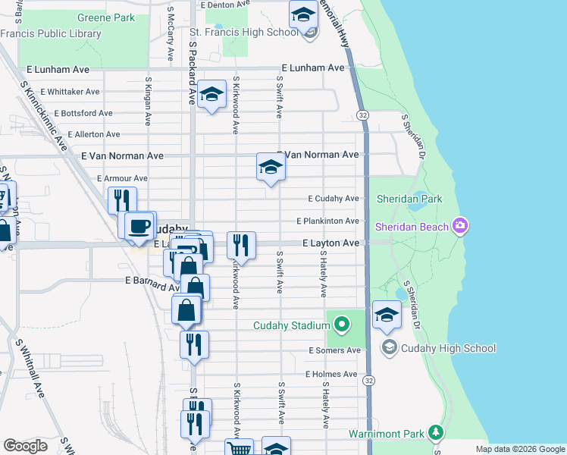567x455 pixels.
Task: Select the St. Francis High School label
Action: pos(243,32)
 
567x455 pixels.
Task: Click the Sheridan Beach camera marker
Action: pos(459,226)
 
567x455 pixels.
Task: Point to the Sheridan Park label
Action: pos(409,199)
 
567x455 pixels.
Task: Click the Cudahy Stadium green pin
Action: pos(341,325)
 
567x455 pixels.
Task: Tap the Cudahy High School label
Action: pos(449,348)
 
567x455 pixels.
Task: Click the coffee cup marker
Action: pos(139,226)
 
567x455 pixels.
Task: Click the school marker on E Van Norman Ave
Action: pos(270,167)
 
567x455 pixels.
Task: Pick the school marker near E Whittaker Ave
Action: pos(212,95)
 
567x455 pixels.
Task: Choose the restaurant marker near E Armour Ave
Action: pos(121,201)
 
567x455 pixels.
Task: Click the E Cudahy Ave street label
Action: pos(333,199)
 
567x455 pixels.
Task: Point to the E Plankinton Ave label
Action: pos(327,221)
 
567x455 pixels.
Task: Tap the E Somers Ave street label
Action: pos(334,350)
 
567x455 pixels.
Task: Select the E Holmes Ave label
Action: pos(331,374)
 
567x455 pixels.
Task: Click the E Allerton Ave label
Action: pos(93,134)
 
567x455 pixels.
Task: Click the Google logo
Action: pos(25,446)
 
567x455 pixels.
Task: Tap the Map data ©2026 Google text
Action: pos(519,449)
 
